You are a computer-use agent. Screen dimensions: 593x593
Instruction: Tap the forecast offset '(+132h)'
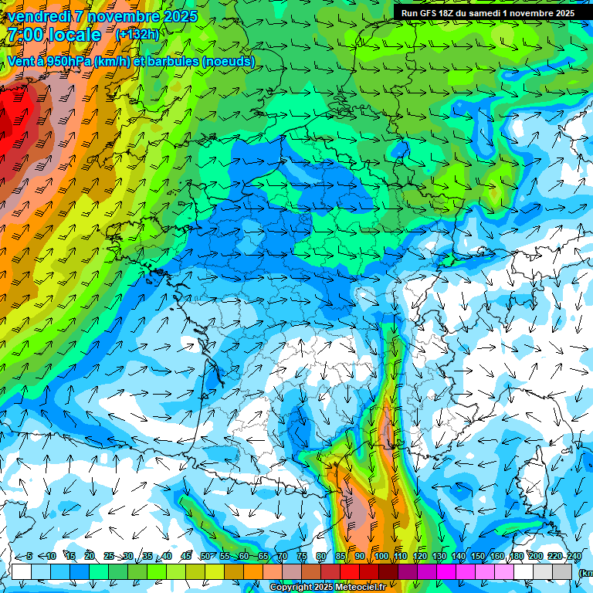pyautogui.click(x=137, y=34)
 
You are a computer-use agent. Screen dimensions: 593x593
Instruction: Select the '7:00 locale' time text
pyautogui.click(x=54, y=35)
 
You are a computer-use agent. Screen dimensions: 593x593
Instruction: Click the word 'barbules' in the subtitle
pyautogui.click(x=169, y=61)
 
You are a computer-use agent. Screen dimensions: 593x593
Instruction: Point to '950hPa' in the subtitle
pyautogui.click(x=69, y=61)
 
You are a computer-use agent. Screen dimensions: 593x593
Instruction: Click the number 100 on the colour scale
pyautogui.click(x=381, y=557)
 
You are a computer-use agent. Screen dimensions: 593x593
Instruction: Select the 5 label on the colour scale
pyautogui.click(x=29, y=557)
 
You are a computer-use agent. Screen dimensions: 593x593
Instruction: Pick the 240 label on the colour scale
pyautogui.click(x=574, y=557)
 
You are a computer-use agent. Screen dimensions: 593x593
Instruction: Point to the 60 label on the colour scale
pyautogui.click(x=244, y=557)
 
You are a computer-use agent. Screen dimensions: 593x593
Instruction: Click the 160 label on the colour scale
pyautogui.click(x=496, y=557)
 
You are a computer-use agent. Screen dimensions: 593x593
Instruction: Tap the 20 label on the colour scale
pyautogui.click(x=89, y=557)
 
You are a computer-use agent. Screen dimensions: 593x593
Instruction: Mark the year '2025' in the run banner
pyautogui.click(x=564, y=13)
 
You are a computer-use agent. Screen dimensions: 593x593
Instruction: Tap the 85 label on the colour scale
pyautogui.click(x=341, y=557)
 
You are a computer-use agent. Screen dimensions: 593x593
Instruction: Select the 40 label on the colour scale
pyautogui.click(x=166, y=557)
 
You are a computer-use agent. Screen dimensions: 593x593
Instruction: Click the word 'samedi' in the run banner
pyautogui.click(x=485, y=13)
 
